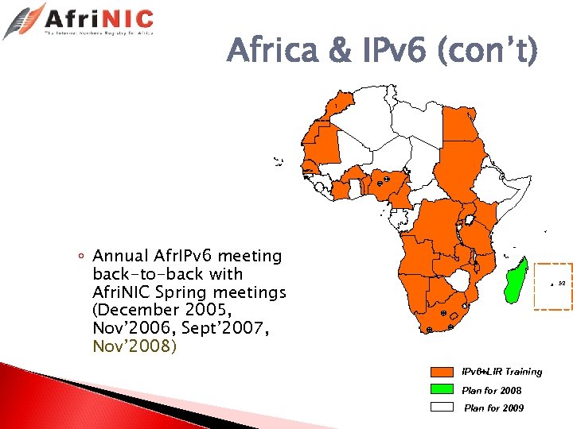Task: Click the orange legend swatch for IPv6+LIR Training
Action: coord(442,372)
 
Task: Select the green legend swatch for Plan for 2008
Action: coord(442,389)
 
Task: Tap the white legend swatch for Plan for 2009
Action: coord(442,407)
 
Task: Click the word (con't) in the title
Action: coord(486,53)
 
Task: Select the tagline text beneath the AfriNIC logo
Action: coord(99,34)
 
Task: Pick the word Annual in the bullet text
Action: coord(120,256)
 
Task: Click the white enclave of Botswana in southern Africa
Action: coord(459,280)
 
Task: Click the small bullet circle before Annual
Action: coord(83,256)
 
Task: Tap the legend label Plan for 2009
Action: coord(493,408)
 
